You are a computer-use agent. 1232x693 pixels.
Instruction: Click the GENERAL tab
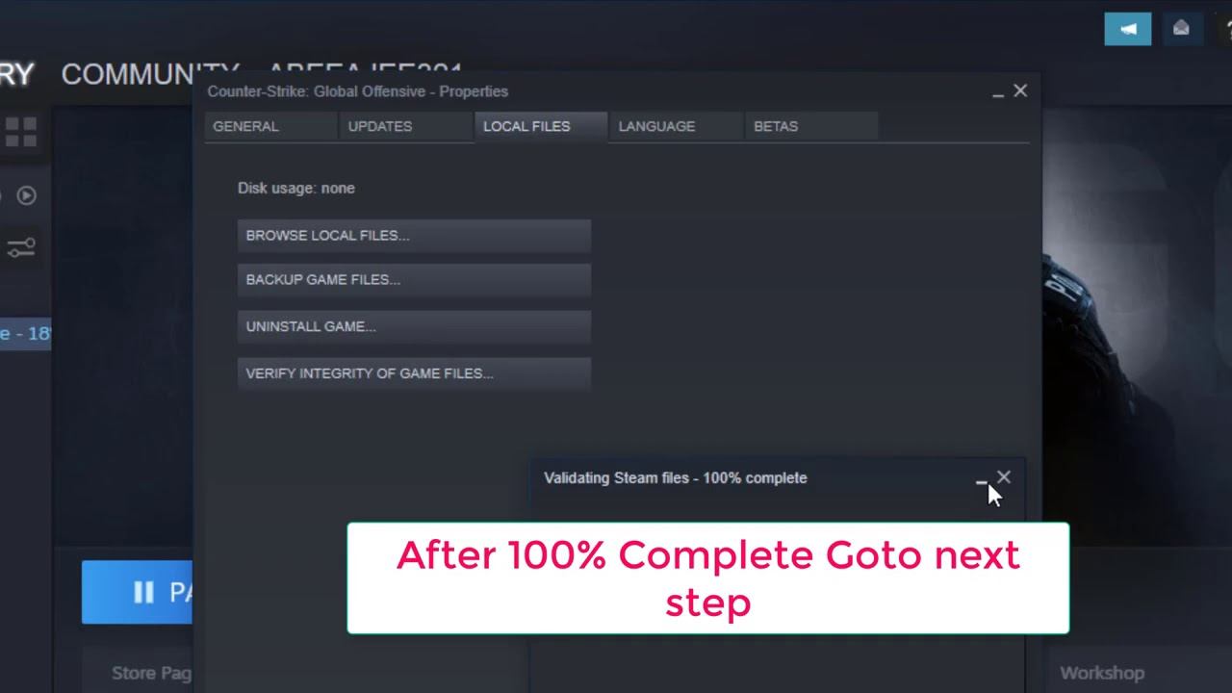click(246, 126)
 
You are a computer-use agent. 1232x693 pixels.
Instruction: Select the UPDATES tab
click(380, 126)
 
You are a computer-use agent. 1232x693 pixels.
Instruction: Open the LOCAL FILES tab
click(526, 126)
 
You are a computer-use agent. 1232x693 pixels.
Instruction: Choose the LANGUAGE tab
click(656, 126)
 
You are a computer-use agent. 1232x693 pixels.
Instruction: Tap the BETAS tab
click(776, 126)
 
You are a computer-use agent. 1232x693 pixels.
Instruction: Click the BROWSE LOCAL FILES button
click(414, 236)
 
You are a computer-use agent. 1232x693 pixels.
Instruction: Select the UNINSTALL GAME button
click(414, 327)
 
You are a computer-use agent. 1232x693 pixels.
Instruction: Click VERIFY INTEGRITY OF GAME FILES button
click(414, 373)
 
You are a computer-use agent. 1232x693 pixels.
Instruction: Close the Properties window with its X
click(1020, 90)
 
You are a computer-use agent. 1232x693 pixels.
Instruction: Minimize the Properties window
click(998, 92)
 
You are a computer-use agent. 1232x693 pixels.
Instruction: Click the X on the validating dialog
click(1004, 476)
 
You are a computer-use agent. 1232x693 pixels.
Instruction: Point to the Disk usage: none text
click(296, 189)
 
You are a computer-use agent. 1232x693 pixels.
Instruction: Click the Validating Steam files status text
click(675, 478)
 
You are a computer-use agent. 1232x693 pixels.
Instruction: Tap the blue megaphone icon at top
click(1128, 29)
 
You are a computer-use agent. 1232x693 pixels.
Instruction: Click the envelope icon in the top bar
click(1182, 29)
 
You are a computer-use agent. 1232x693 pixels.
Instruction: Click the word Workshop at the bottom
click(1102, 673)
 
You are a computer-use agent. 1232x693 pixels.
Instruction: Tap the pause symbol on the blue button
click(143, 592)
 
